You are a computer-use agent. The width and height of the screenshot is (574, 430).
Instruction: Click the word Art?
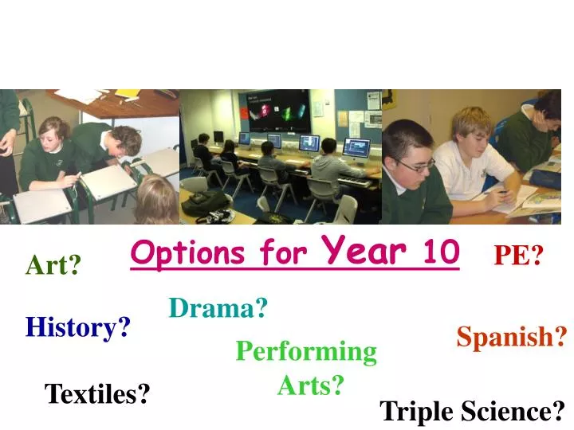coord(53,264)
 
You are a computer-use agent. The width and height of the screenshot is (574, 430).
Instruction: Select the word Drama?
coord(218,307)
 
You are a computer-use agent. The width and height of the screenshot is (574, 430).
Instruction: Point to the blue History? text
coord(78,326)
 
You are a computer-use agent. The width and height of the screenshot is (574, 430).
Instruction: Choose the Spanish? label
coord(511,338)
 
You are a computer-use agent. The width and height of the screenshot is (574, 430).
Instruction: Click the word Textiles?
coord(97,393)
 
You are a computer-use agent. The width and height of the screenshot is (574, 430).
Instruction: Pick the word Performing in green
coord(306,351)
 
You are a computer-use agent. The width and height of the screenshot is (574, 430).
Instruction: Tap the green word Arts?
coord(311,385)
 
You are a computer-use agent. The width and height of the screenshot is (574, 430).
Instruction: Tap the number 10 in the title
coord(441,252)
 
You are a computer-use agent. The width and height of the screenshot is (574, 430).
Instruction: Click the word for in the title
coord(283,255)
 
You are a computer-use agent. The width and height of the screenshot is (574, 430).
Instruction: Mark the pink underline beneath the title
coord(295,270)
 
